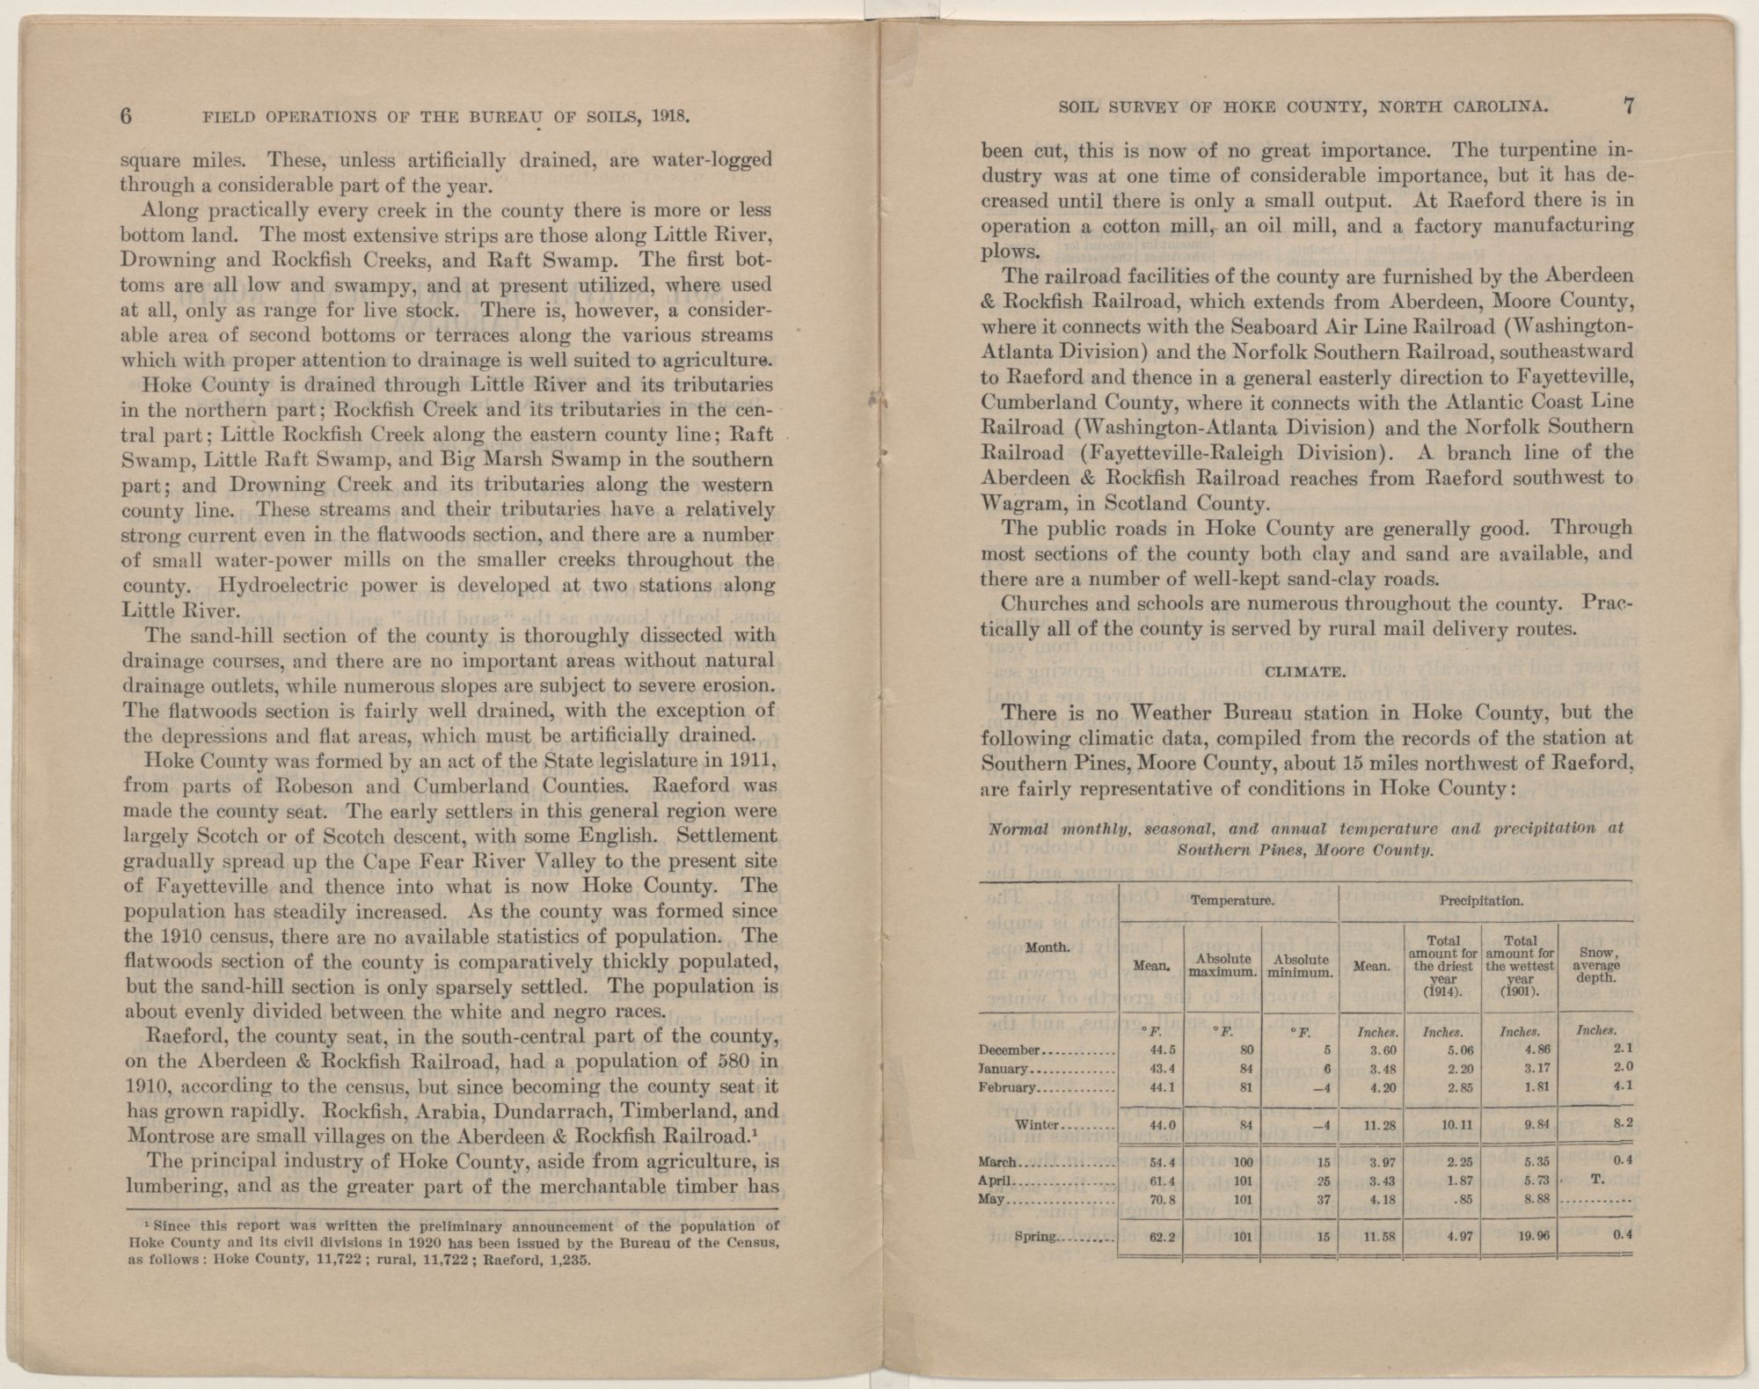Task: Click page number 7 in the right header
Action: [1628, 106]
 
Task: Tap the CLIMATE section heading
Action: [1303, 673]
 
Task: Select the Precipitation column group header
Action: [1482, 901]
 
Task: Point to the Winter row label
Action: [1038, 1125]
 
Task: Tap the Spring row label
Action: [1033, 1236]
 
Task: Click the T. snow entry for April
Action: [1595, 1181]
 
